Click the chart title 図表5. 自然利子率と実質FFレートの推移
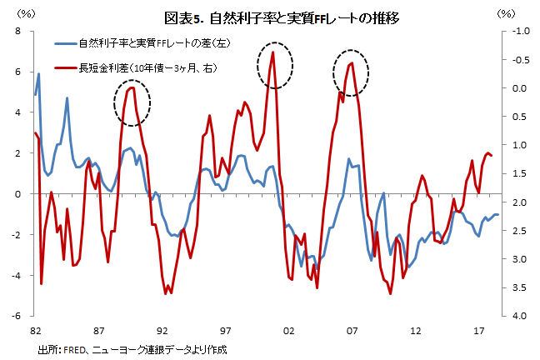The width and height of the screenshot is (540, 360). click(282, 17)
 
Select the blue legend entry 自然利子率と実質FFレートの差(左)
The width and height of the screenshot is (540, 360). click(142, 43)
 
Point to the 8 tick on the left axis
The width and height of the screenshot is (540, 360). click(17, 31)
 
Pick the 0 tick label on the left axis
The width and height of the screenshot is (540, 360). click(17, 193)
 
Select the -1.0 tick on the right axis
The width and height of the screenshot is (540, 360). click(521, 31)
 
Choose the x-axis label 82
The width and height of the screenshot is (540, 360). click(36, 331)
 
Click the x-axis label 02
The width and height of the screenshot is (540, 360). click(288, 331)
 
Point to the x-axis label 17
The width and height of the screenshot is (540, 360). click(478, 331)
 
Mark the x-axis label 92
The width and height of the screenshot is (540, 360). click(162, 331)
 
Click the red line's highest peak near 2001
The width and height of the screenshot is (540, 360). click(273, 52)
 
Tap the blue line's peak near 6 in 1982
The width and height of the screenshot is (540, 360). click(38, 73)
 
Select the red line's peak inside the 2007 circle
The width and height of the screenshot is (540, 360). click(352, 62)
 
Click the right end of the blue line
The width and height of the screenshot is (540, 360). click(498, 215)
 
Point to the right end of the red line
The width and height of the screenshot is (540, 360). click(492, 155)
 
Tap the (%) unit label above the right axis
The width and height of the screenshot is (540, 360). click(506, 14)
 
